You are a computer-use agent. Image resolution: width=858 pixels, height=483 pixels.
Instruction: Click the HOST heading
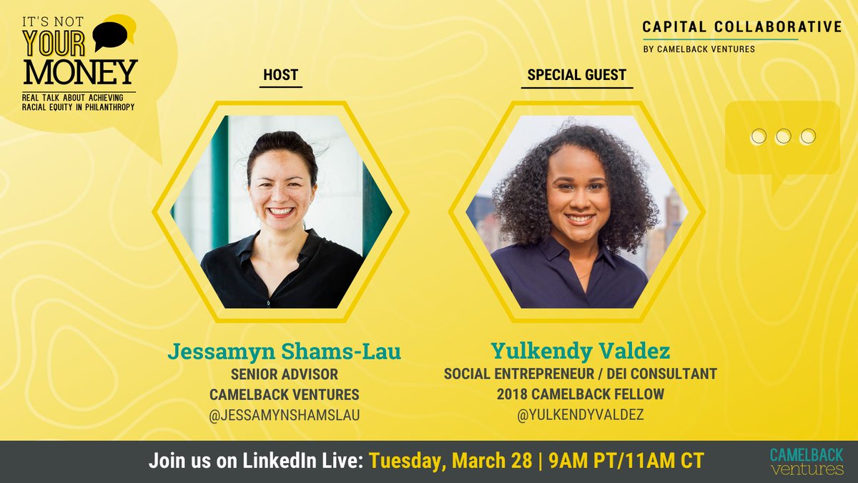pos(280,75)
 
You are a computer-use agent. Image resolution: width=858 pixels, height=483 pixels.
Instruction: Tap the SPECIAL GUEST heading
pos(576,75)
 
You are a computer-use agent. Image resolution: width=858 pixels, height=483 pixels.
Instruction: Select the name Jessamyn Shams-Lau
pos(284,352)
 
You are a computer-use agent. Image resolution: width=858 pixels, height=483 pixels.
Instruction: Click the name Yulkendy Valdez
pos(580,352)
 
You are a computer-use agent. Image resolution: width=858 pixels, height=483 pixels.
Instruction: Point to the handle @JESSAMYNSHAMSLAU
pos(284,415)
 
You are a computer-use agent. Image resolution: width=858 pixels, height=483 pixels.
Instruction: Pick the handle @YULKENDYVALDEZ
pos(580,415)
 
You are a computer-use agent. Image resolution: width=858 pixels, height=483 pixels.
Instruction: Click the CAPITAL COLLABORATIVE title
pos(741,27)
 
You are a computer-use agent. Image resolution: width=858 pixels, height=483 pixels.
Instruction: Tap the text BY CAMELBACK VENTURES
pos(699,49)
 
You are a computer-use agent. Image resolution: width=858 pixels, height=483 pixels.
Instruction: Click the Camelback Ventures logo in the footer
pos(807,462)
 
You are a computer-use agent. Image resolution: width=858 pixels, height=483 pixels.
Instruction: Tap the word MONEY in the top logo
pos(79,71)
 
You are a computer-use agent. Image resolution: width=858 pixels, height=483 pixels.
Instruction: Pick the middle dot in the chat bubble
pos(783,136)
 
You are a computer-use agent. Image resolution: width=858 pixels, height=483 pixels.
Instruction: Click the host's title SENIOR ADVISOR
pos(284,374)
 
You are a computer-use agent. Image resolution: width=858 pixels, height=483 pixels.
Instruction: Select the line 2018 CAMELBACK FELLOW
pos(580,394)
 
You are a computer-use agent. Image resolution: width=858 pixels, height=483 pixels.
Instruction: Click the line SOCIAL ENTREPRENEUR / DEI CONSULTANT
pos(580,374)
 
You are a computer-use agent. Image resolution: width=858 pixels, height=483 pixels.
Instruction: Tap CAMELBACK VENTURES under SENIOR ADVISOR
pos(284,394)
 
